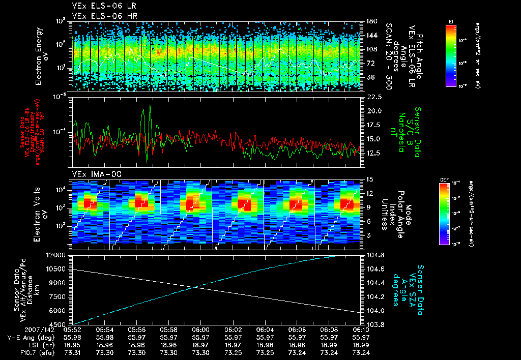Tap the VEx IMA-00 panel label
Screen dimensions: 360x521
(x=92, y=174)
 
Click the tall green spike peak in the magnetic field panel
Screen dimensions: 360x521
(x=150, y=105)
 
